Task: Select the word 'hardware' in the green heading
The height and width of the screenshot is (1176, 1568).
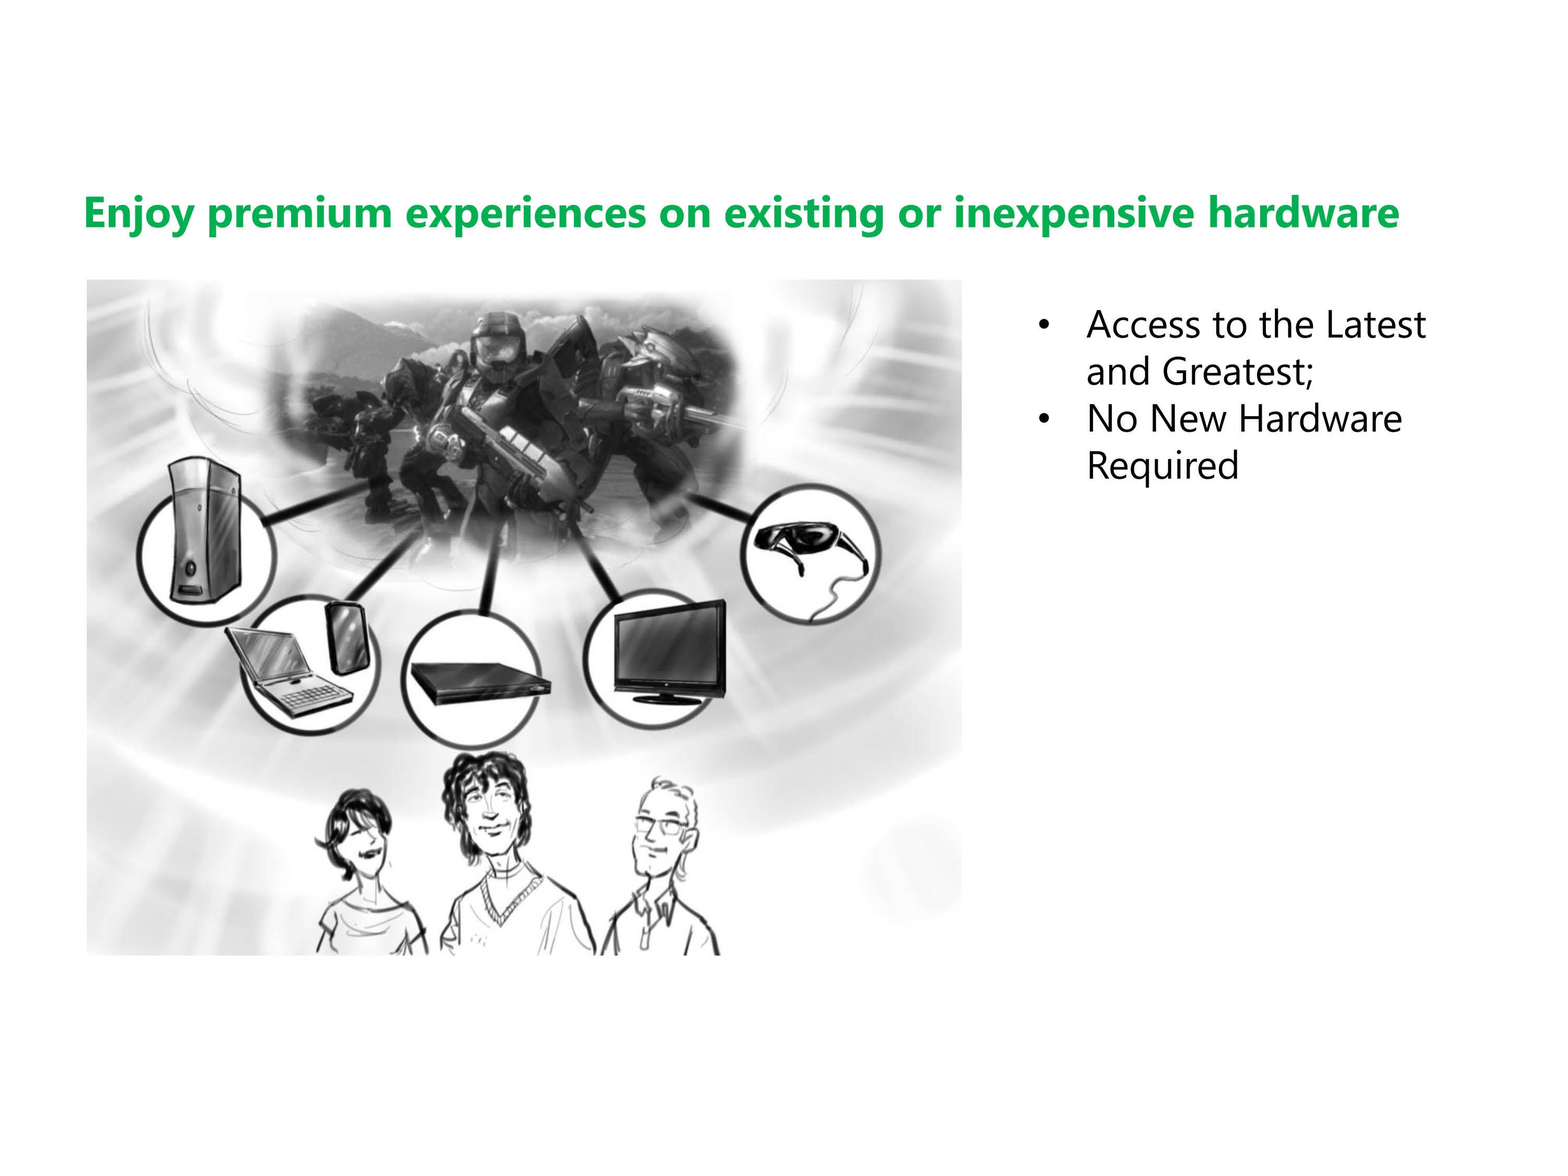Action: [x=1303, y=213]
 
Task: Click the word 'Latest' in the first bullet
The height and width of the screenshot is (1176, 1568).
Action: [x=1375, y=326]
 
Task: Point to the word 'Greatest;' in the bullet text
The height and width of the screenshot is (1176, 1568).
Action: [x=1238, y=372]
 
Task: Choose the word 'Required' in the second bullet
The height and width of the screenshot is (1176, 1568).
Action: [x=1162, y=466]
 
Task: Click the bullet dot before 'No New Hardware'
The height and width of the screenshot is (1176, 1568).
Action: [x=1043, y=419]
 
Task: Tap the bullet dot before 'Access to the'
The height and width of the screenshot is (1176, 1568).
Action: [x=1043, y=326]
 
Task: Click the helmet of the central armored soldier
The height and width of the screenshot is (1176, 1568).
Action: [x=491, y=344]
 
